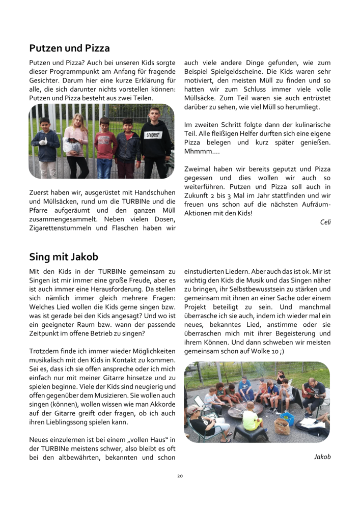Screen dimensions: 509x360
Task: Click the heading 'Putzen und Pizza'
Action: pyautogui.click(x=69, y=49)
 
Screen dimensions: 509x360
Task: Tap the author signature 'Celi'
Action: pyautogui.click(x=325, y=222)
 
